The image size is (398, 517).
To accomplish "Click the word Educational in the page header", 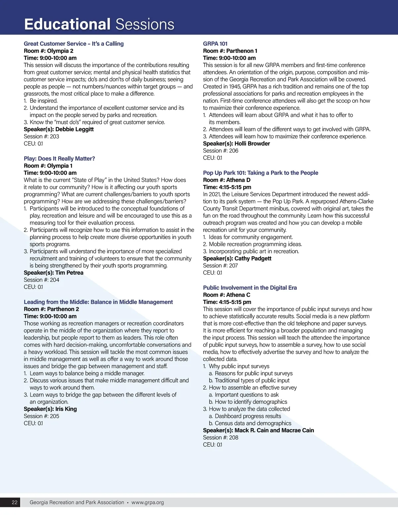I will [67, 24].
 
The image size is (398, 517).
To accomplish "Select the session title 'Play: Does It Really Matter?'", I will [59, 159].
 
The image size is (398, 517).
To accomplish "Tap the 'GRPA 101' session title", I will [215, 44].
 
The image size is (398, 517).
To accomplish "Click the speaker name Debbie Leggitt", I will [74, 129].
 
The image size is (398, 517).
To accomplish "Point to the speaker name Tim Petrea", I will [69, 273].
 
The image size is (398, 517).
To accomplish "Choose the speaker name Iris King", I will [66, 409].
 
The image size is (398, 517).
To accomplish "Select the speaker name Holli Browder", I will [252, 144].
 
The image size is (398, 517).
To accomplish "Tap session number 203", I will [54, 136].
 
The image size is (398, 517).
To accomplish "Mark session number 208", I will [233, 438].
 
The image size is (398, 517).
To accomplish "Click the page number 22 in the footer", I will [15, 502].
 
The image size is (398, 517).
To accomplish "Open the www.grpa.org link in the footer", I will [148, 502].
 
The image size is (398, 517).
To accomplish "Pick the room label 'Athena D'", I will [238, 180].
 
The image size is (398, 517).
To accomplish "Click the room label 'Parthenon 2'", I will [63, 309].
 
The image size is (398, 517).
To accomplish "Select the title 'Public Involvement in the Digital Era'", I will [250, 288].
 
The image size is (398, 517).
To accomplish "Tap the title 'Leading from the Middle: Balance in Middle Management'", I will [98, 302].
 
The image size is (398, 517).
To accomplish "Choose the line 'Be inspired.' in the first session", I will [43, 101].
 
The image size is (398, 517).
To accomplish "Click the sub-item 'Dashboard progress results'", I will [248, 416].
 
